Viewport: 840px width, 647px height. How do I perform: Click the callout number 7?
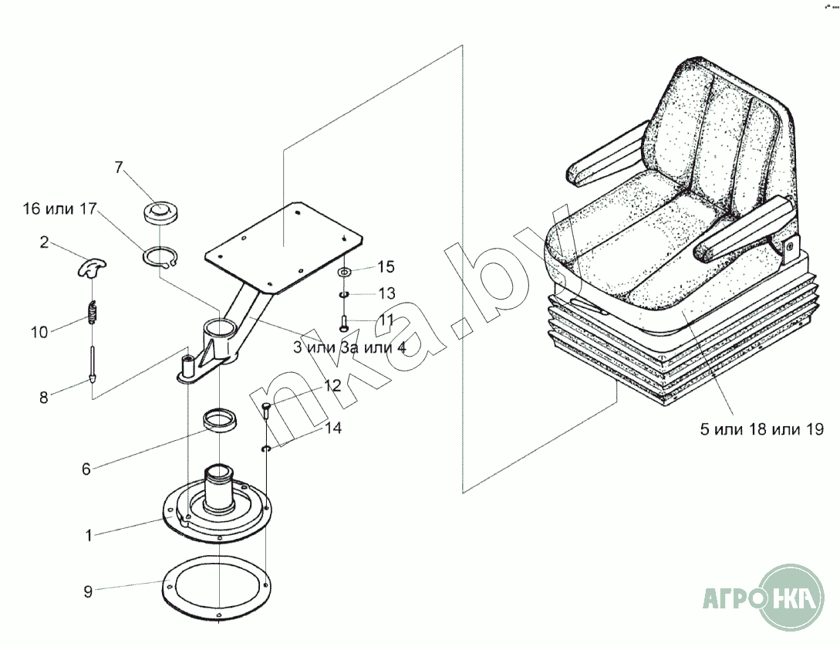pyautogui.click(x=119, y=168)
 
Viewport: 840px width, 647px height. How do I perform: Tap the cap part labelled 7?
pyautogui.click(x=160, y=213)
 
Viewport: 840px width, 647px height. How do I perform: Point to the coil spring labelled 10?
pyautogui.click(x=93, y=313)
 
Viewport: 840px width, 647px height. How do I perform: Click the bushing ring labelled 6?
pyautogui.click(x=220, y=420)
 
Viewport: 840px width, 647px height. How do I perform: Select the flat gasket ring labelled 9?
pyautogui.click(x=217, y=588)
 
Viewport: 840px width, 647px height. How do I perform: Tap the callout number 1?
pyautogui.click(x=89, y=535)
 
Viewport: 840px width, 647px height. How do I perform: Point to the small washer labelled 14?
pyautogui.click(x=267, y=448)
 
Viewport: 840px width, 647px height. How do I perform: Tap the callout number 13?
pyautogui.click(x=386, y=293)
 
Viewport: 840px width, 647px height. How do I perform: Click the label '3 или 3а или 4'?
pyautogui.click(x=349, y=348)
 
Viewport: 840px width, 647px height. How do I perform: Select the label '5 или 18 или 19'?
pyautogui.click(x=762, y=429)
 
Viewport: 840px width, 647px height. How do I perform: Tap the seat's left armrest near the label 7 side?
pyautogui.click(x=606, y=155)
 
